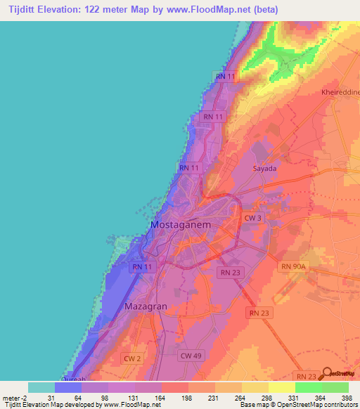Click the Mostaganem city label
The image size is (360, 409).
tap(181, 225)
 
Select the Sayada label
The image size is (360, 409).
tap(264, 169)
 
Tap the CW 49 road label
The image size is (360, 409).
tap(191, 356)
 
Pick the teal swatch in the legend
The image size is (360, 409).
tap(41, 387)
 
